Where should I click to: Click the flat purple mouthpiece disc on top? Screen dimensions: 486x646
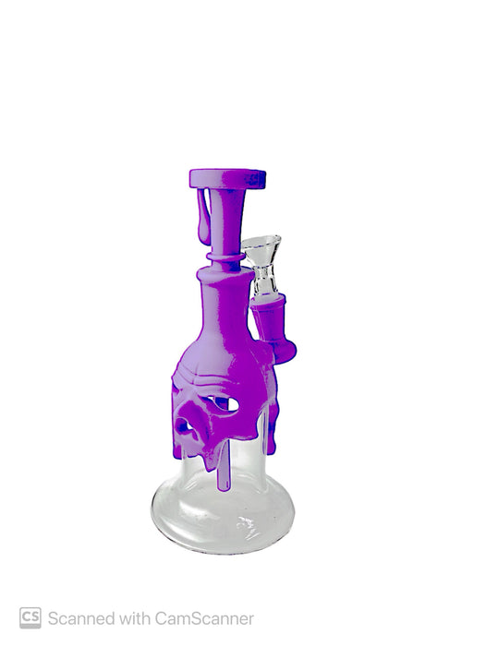[x=227, y=178]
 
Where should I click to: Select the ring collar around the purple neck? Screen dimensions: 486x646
[x=225, y=257]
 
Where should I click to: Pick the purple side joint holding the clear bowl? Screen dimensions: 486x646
[x=273, y=328]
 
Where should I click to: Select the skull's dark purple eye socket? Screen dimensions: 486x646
[x=185, y=427]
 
